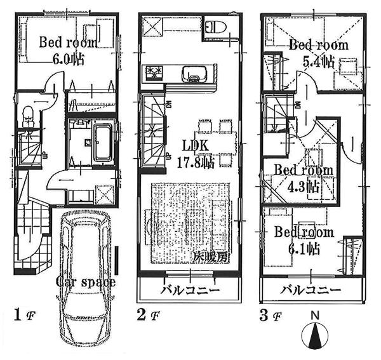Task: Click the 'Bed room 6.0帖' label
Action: click(67, 51)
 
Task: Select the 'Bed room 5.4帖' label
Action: click(319, 53)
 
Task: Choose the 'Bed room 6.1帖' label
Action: click(304, 241)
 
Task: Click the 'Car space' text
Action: click(85, 281)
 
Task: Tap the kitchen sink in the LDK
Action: click(192, 72)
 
